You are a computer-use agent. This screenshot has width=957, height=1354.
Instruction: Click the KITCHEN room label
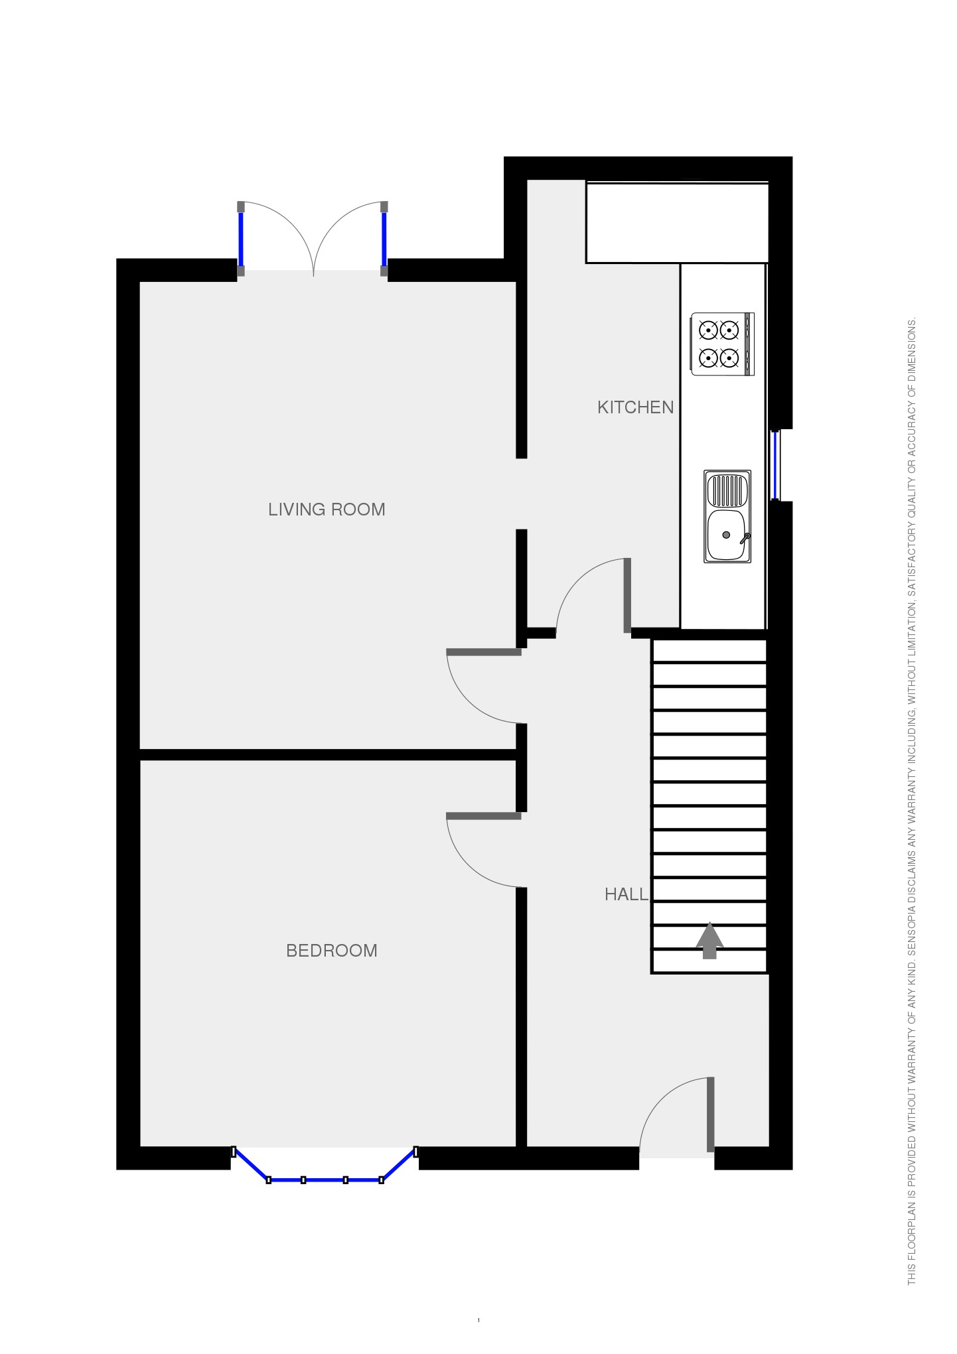(635, 407)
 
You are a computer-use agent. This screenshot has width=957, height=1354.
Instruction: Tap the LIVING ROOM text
(327, 509)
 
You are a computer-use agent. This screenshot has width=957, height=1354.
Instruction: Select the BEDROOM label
(331, 951)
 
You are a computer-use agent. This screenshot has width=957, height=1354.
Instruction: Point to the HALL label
(626, 894)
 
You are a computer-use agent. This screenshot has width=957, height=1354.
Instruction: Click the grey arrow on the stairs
(709, 940)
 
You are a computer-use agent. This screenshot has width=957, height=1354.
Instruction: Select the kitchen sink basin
(726, 535)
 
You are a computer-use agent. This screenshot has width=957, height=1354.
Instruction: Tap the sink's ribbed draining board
(727, 490)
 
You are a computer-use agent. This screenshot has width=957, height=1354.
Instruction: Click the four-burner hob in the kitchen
(722, 344)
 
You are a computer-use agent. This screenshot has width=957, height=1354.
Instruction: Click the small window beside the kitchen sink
(774, 464)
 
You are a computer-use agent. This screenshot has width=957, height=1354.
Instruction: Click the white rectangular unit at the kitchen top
(676, 223)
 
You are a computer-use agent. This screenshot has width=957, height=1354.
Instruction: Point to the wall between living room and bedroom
(328, 754)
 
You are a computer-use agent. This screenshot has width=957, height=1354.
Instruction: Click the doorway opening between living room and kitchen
(522, 494)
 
